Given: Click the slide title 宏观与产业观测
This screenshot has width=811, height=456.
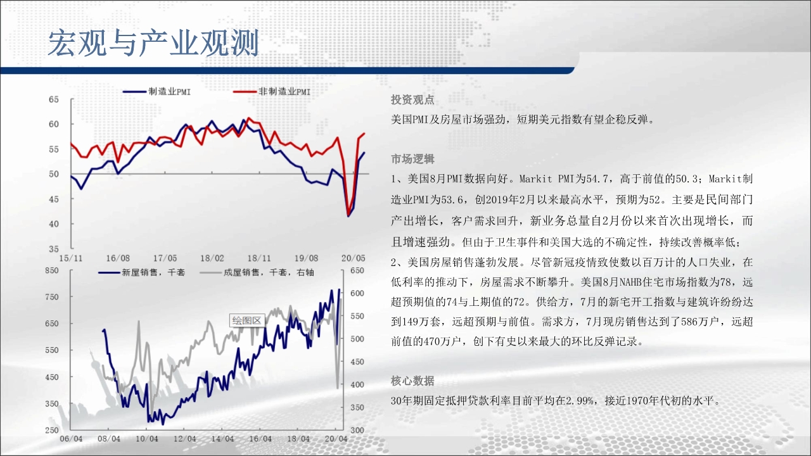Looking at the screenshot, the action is (x=153, y=43).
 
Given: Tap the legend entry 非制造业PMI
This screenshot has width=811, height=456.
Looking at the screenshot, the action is (x=272, y=92).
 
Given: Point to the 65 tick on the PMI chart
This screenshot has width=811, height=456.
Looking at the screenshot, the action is (x=54, y=99).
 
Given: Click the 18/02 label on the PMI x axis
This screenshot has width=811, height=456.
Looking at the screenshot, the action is (x=212, y=258).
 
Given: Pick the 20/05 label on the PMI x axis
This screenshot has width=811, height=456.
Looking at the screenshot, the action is (x=354, y=258).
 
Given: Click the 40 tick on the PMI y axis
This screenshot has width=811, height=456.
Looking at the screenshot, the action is (x=54, y=224).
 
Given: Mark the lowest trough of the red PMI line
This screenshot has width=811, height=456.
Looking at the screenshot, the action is (x=348, y=215).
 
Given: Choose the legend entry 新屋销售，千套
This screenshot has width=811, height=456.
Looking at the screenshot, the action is (x=142, y=272).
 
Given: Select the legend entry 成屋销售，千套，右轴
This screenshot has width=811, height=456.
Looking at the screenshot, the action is (x=257, y=272).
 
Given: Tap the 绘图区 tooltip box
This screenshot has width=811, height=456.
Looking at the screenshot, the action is (x=247, y=320).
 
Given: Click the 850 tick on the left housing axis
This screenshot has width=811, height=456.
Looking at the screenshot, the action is (x=52, y=270).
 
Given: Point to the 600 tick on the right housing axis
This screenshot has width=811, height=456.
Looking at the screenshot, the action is (x=357, y=293).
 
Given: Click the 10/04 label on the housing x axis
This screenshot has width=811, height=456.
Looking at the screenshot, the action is (x=146, y=439).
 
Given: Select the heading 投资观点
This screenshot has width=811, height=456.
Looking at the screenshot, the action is (x=412, y=100).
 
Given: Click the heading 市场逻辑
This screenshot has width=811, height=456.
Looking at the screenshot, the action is (x=412, y=159).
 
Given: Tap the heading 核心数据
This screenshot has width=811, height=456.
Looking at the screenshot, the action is (x=412, y=381).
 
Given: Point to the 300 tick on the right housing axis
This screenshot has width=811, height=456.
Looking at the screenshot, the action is (x=357, y=430).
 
